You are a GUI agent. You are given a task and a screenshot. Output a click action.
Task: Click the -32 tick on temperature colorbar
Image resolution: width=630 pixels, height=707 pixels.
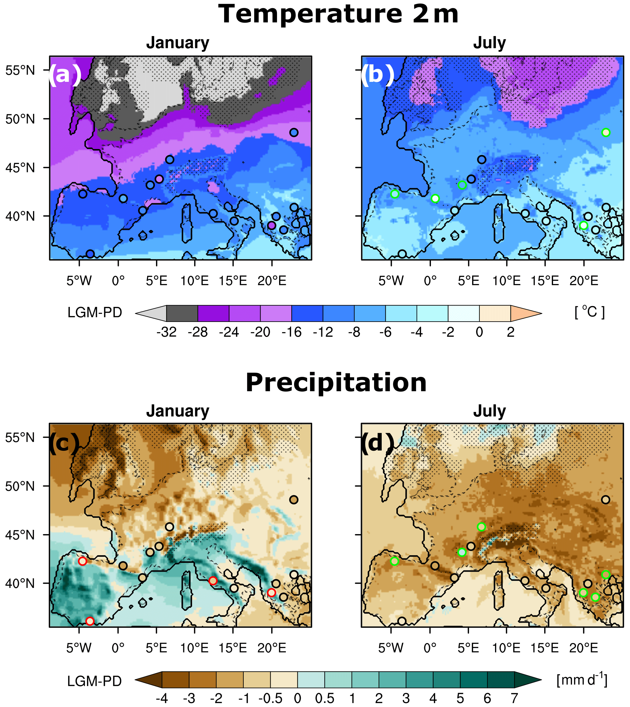tap(166, 332)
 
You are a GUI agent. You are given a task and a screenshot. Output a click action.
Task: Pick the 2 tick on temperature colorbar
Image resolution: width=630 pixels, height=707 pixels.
tap(511, 332)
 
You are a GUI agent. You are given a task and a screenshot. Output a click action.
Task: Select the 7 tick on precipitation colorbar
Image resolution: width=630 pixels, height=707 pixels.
tap(514, 698)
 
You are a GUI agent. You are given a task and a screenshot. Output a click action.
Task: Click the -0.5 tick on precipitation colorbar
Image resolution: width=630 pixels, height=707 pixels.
tap(270, 698)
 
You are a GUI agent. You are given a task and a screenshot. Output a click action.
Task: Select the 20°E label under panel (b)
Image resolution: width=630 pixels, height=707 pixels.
tap(584, 281)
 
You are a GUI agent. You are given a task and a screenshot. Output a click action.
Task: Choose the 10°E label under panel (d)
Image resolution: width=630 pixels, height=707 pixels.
tap(506, 648)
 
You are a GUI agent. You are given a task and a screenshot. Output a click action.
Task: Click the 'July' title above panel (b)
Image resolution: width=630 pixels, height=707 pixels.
tap(490, 43)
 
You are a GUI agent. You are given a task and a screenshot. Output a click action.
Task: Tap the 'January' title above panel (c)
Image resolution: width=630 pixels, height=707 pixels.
tap(177, 411)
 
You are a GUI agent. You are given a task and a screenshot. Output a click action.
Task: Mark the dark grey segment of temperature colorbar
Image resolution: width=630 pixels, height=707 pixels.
tap(182, 313)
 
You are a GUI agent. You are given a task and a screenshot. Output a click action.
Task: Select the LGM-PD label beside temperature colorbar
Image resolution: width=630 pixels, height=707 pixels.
tap(94, 313)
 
